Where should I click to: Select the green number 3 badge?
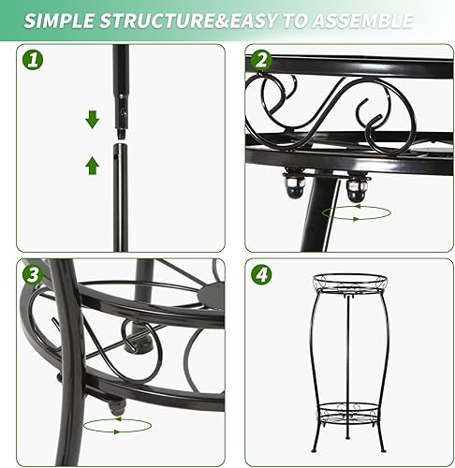click(35, 276)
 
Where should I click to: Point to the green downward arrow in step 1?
click(92, 120)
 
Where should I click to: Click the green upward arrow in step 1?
click(92, 166)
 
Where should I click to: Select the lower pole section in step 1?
click(122, 197)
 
